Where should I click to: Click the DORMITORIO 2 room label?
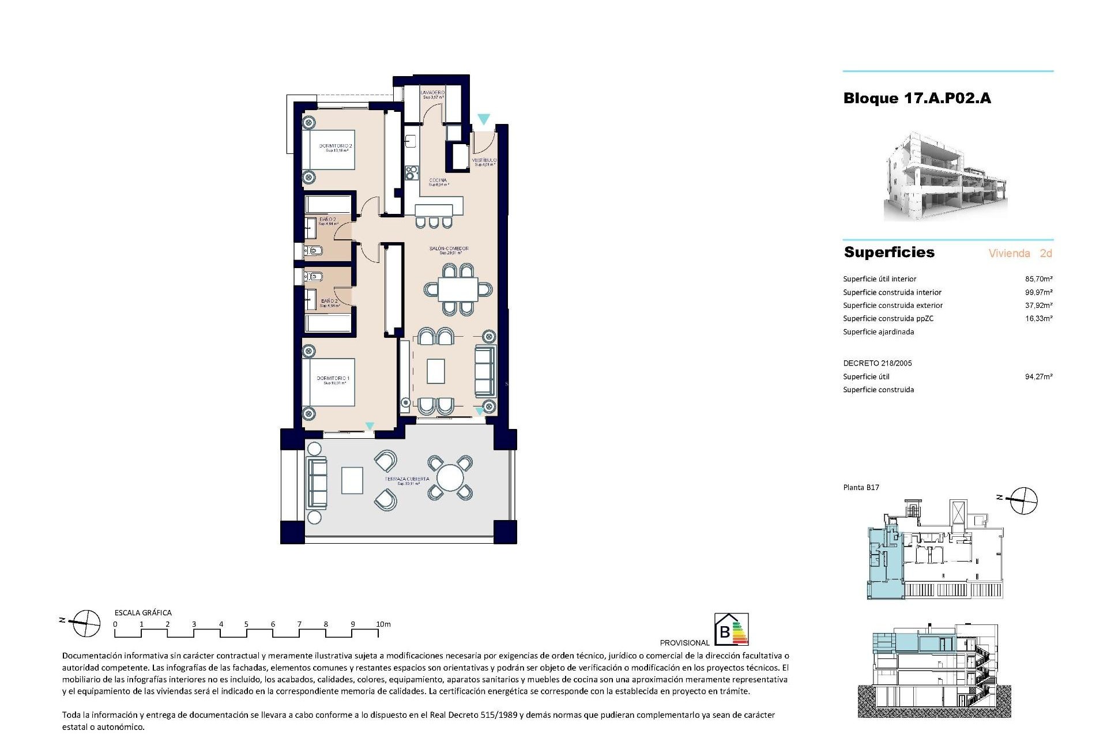[335, 146]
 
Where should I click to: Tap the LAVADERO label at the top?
[432, 93]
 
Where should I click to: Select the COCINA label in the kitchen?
[438, 181]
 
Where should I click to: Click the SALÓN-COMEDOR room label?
[449, 250]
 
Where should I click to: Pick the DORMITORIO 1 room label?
[333, 379]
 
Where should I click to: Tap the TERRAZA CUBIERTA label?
[407, 480]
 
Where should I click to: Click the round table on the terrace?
[450, 478]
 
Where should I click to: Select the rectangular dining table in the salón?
[458, 289]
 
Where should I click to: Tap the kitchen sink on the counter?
[411, 140]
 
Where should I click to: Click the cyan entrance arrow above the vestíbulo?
[483, 119]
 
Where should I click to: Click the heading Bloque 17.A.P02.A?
[917, 99]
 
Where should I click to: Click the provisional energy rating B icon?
[731, 629]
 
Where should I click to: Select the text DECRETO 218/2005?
[877, 363]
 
